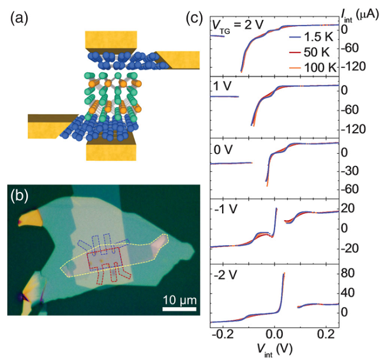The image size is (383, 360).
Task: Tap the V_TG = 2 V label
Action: (x=237, y=26)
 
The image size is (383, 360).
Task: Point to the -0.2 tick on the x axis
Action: (x=222, y=334)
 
